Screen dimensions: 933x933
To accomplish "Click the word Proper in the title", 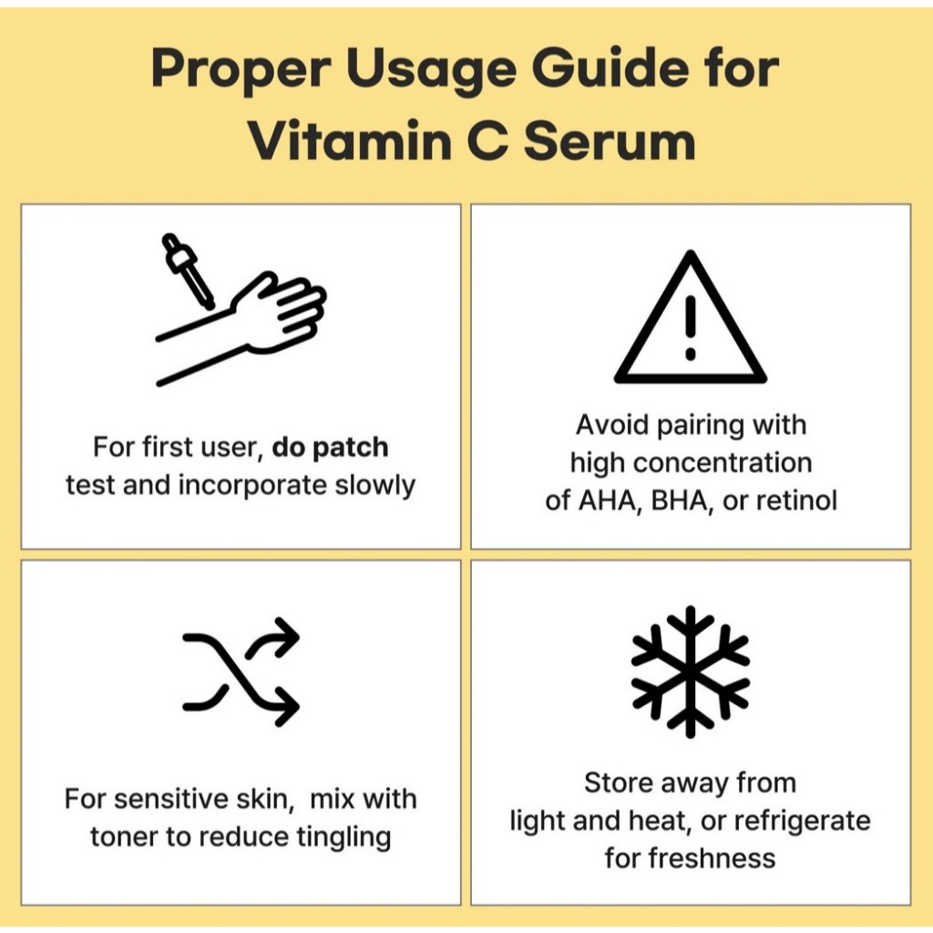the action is pos(241,70).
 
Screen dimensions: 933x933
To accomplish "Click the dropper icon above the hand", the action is pos(188,271).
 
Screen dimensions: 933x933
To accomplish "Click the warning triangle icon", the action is pos(691,317).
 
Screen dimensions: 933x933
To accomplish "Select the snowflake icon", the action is pos(691,672).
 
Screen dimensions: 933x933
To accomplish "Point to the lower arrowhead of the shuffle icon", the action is pos(286,706).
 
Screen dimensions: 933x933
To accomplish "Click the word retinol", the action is pos(796,500).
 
